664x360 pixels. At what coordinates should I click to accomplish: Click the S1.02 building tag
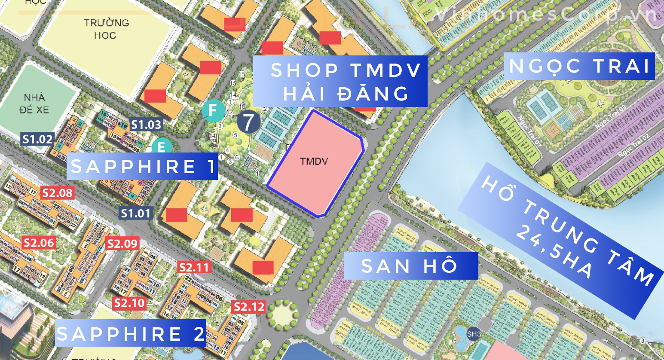pos(37,139)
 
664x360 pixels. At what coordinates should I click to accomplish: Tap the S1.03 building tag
pos(146,125)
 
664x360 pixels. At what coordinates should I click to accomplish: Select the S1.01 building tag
pos(136,213)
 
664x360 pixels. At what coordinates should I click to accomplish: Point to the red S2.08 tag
pos(57,193)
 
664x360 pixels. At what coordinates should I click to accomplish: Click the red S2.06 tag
pos(39,243)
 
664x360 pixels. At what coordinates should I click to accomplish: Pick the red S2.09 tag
pos(122,244)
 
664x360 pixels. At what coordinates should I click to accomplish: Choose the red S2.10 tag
pos(129,303)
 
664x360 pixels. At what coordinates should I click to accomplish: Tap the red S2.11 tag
pos(194,268)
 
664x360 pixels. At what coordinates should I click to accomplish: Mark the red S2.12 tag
pos(248,307)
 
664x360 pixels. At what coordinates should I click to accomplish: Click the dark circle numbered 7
pos(248,122)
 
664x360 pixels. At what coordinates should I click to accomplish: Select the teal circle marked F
pos(213,110)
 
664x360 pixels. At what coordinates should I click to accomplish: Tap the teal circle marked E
pos(162,146)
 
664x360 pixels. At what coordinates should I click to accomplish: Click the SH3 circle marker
pos(474,334)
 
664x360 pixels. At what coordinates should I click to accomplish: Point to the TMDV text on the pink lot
pos(314,162)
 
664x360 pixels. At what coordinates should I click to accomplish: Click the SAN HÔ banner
pos(410,266)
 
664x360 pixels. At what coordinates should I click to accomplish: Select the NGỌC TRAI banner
pos(579,66)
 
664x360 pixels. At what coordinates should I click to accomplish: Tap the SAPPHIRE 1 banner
pos(142,166)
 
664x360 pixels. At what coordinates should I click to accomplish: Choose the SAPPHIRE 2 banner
pos(131,333)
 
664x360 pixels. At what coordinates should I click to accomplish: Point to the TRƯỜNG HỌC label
pos(106,29)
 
